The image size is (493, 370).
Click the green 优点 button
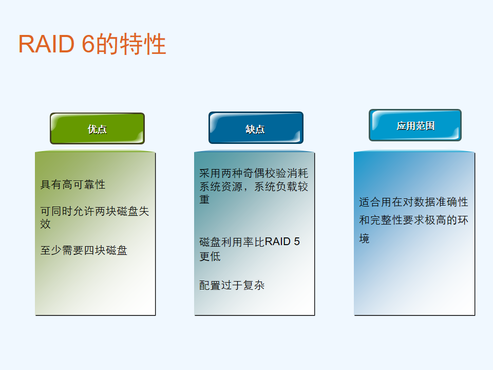tap(97, 128)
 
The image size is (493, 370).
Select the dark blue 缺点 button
tap(256, 128)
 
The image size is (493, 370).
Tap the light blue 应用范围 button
tap(415, 125)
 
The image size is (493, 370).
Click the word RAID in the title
tap(46, 44)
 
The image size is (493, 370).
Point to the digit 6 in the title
tap(88, 44)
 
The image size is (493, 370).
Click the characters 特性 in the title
tap(143, 44)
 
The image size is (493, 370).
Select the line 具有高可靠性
tap(72, 184)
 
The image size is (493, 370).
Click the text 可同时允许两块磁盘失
tap(94, 211)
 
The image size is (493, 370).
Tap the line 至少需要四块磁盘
tap(84, 250)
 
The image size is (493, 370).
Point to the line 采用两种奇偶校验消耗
tap(254, 173)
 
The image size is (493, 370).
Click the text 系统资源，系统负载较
tap(254, 187)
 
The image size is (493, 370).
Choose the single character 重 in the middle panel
tap(204, 199)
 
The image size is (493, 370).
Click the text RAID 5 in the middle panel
tap(282, 242)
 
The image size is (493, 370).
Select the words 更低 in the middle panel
tap(210, 256)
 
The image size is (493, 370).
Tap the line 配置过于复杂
tap(232, 285)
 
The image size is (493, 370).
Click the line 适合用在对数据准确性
tap(413, 201)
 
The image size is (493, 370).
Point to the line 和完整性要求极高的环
tap(413, 220)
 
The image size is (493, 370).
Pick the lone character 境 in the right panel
tap(364, 238)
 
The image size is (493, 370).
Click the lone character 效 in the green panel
tap(45, 224)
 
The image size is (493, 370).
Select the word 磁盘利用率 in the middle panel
tap(226, 242)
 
